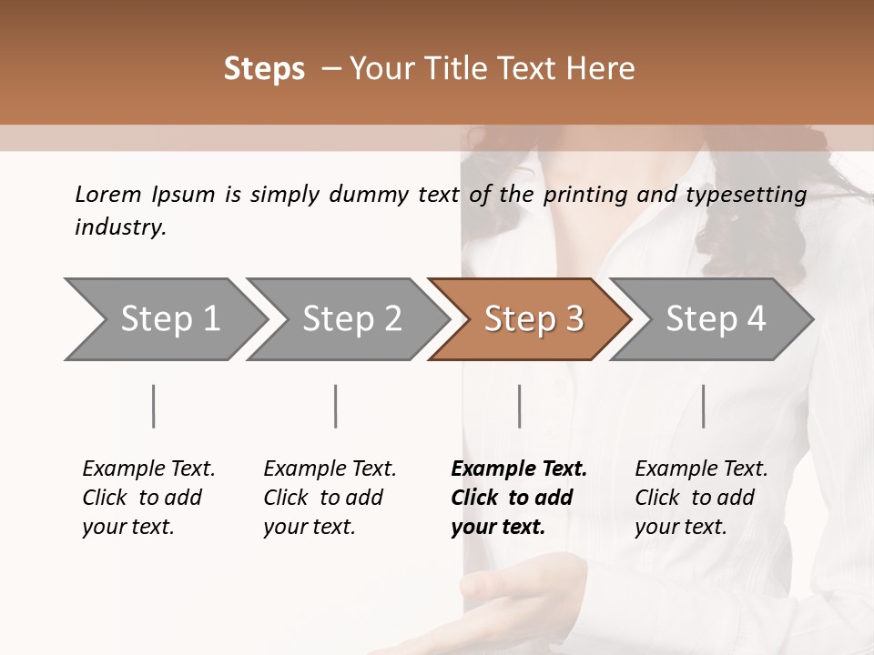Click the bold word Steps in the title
pyautogui.click(x=264, y=69)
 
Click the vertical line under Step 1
pyautogui.click(x=154, y=406)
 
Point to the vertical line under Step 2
pyautogui.click(x=336, y=406)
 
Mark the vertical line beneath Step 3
pyautogui.click(x=520, y=406)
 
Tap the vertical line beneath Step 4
pyautogui.click(x=704, y=406)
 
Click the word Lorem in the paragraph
pyautogui.click(x=108, y=195)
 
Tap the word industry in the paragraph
pyautogui.click(x=120, y=227)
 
